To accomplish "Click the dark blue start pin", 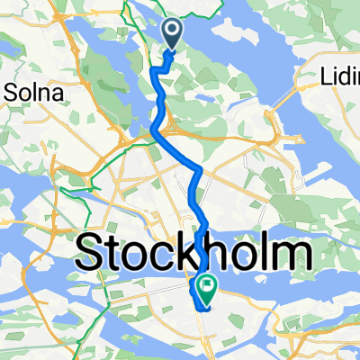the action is coord(173,33).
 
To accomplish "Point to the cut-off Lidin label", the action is coord(340,79).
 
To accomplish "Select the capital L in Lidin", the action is coord(326,79).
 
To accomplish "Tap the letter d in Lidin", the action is coord(343,79).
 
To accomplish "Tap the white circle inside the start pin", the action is coord(173,31).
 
